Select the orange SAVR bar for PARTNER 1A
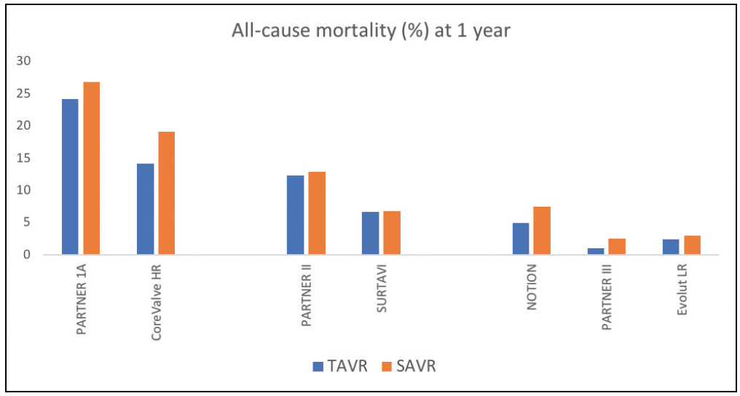(91, 168)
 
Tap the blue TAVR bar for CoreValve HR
(145, 209)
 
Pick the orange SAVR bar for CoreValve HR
(167, 193)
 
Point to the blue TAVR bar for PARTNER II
(295, 215)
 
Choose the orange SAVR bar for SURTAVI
(392, 233)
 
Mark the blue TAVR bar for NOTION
(521, 239)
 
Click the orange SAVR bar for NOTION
(542, 231)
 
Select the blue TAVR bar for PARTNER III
(596, 251)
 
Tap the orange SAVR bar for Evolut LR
(692, 245)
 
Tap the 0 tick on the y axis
(27, 255)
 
